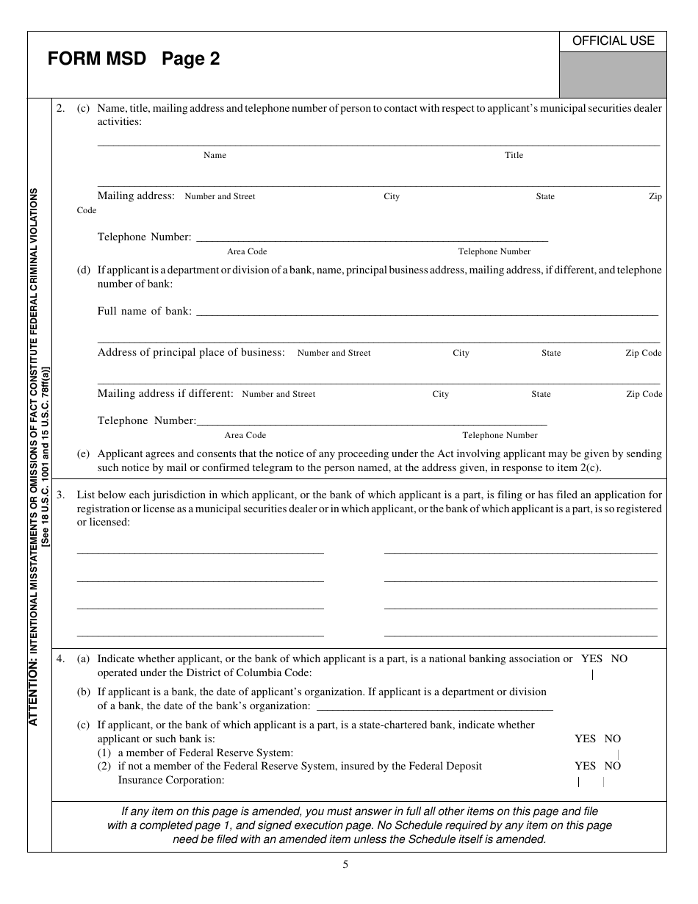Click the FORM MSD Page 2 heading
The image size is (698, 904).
(134, 59)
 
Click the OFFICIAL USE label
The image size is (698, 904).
(613, 41)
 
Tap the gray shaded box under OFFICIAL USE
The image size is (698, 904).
(613, 74)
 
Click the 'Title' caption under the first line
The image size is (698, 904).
(514, 155)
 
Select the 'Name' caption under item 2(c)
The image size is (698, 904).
(215, 155)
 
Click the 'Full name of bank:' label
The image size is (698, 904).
(144, 311)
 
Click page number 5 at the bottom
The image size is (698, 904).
(345, 864)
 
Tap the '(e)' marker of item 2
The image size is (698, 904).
(84, 453)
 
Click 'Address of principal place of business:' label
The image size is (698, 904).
(191, 352)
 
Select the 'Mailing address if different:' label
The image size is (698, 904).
(165, 393)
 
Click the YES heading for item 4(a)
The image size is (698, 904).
(591, 659)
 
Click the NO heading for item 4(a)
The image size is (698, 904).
(619, 659)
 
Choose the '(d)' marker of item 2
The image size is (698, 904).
(84, 270)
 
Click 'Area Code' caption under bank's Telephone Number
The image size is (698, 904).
(245, 435)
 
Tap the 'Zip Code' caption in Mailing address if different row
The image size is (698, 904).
(644, 394)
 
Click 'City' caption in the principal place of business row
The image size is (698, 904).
(461, 353)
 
